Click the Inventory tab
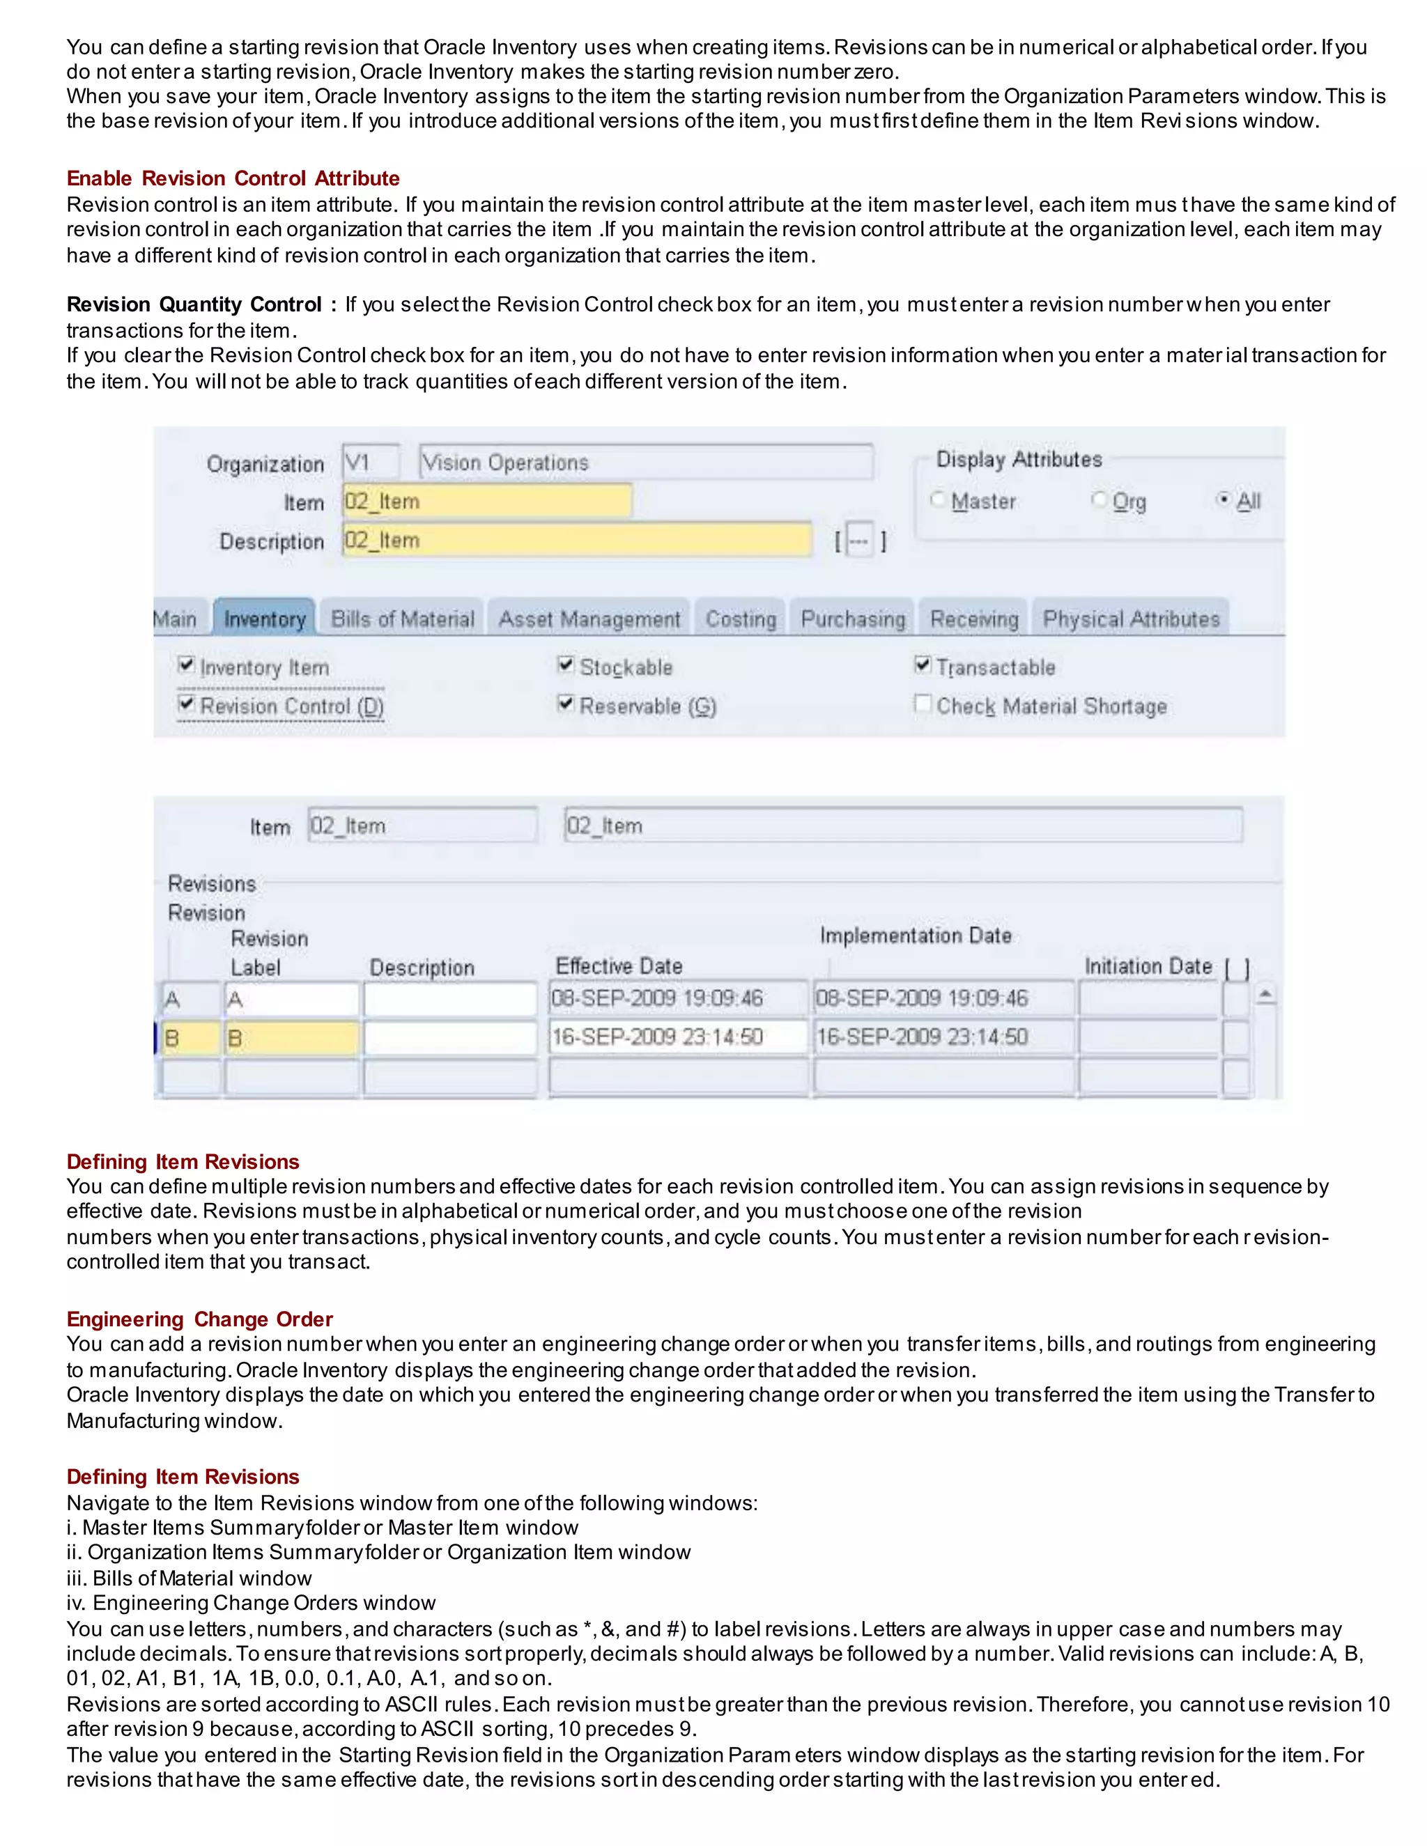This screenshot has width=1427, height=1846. [x=265, y=619]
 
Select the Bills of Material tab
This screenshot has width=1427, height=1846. [x=403, y=619]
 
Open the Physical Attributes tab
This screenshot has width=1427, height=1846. [x=1130, y=619]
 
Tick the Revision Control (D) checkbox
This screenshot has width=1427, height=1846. [x=187, y=704]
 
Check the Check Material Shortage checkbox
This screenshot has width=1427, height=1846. [x=923, y=704]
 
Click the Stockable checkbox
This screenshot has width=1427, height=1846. [x=566, y=665]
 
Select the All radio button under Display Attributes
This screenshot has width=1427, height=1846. [x=1222, y=499]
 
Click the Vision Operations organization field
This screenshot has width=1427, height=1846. [x=646, y=463]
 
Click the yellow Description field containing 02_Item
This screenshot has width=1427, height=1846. [x=576, y=540]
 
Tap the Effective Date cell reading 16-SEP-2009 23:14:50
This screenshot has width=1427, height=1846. [x=678, y=1037]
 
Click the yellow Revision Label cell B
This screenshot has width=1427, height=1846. [x=292, y=1038]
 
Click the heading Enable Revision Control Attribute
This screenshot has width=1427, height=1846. [x=233, y=178]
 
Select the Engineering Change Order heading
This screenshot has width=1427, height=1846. [x=199, y=1319]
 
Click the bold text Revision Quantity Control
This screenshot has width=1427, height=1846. [x=194, y=304]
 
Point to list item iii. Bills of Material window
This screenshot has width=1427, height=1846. [x=190, y=1578]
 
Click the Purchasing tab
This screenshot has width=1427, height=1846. [x=852, y=619]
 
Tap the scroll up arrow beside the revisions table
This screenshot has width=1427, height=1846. [x=1265, y=995]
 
